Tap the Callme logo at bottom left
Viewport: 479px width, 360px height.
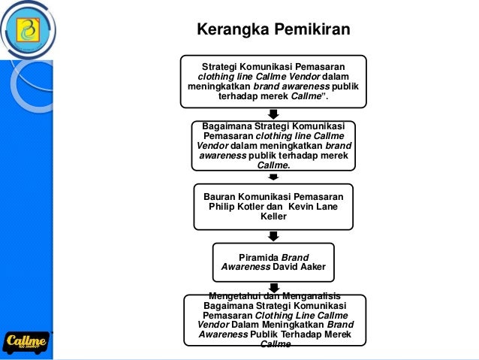pyautogui.click(x=26, y=341)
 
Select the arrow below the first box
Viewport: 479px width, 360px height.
pyautogui.click(x=274, y=113)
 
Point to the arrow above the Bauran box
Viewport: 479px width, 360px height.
pyautogui.click(x=274, y=177)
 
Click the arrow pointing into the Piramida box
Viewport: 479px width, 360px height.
pyautogui.click(x=274, y=236)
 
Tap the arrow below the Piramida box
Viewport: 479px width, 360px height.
pyautogui.click(x=274, y=287)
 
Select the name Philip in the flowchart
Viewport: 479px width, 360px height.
pyautogui.click(x=220, y=206)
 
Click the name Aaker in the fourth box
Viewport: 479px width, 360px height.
pyautogui.click(x=309, y=267)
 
